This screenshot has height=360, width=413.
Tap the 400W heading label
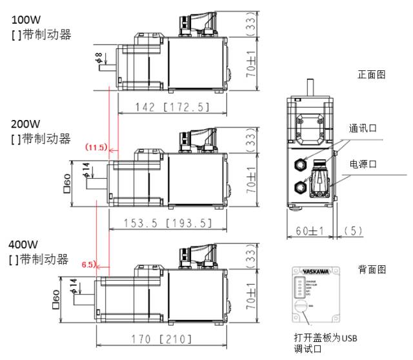click(23, 246)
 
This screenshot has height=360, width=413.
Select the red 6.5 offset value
click(89, 265)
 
